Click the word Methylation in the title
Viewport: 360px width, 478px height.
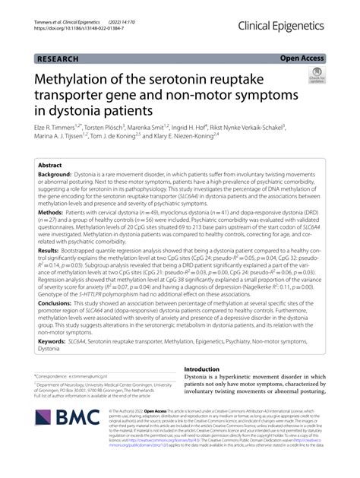point(75,78)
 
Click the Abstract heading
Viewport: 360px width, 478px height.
point(50,164)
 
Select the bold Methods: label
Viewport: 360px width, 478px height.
point(50,216)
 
